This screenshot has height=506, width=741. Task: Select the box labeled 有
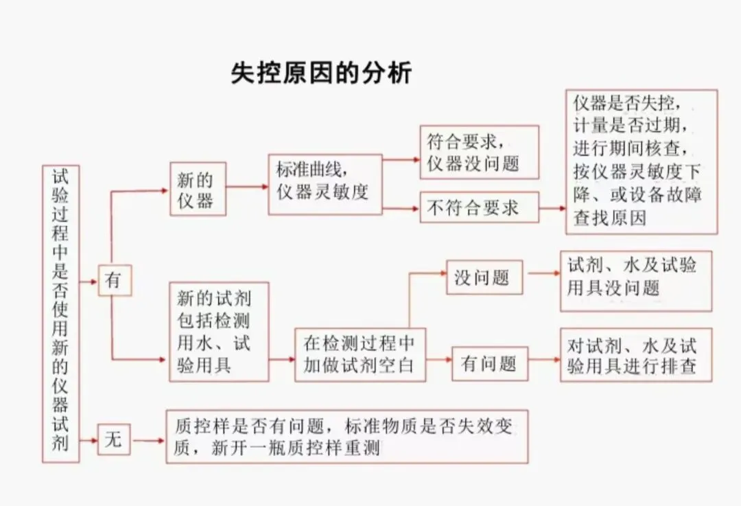click(115, 281)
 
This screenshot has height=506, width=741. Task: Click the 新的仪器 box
click(198, 189)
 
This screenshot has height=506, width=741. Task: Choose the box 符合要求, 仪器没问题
click(479, 152)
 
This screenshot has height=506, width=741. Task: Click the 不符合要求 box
click(479, 207)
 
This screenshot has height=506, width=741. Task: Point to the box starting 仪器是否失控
click(641, 161)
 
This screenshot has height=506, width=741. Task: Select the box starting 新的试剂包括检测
click(219, 332)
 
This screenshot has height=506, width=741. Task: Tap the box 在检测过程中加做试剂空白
click(360, 354)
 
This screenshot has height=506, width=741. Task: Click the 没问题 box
click(484, 277)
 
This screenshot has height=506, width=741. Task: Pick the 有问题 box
click(489, 363)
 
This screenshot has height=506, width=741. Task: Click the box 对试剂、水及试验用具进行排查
click(635, 355)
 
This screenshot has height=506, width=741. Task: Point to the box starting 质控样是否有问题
click(346, 437)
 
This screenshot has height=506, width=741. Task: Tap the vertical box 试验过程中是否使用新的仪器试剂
click(60, 313)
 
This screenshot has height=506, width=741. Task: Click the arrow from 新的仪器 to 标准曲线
click(247, 186)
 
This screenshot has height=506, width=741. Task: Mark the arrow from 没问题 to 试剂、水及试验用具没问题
click(544, 273)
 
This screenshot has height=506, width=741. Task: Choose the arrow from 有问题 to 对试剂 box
click(544, 359)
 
